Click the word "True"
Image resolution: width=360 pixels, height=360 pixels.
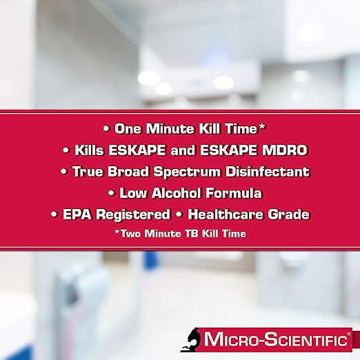coord(89,172)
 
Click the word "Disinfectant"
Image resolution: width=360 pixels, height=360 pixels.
coord(266,172)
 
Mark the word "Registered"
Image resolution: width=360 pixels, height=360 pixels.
coord(135,214)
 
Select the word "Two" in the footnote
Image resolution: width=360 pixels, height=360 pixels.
coord(132,234)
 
